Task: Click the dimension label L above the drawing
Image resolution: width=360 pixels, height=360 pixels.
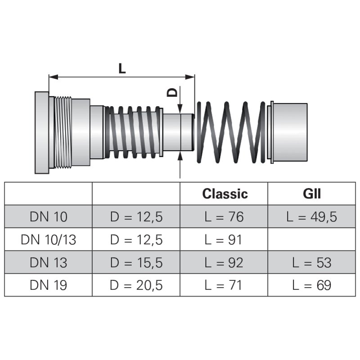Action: (122, 68)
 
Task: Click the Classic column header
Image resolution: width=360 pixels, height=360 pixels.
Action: (225, 194)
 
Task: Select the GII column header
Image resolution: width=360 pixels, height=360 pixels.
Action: (311, 194)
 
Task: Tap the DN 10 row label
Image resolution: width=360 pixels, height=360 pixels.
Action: (48, 217)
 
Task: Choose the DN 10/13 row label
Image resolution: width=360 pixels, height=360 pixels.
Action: (48, 239)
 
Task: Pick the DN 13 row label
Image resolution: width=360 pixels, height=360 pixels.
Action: (48, 262)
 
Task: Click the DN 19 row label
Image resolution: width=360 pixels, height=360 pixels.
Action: (48, 285)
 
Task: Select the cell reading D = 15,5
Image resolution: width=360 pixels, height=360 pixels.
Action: (136, 262)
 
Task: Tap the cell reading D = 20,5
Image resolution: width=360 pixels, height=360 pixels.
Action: (136, 285)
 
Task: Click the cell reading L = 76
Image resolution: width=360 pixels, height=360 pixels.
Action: (224, 217)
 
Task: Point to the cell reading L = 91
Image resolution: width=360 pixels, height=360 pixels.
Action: (224, 239)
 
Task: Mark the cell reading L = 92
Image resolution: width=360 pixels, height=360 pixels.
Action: (224, 262)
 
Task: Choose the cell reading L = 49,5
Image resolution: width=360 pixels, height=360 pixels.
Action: (311, 217)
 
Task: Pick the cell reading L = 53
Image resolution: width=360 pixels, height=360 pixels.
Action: (311, 262)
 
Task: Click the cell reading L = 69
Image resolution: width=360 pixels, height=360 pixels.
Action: (311, 285)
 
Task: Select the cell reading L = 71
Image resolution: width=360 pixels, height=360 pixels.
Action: (224, 285)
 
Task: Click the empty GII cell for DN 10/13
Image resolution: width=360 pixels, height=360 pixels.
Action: (311, 239)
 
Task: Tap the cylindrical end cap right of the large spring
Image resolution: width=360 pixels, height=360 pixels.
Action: (290, 131)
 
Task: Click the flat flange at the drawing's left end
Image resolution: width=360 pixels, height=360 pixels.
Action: (41, 132)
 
